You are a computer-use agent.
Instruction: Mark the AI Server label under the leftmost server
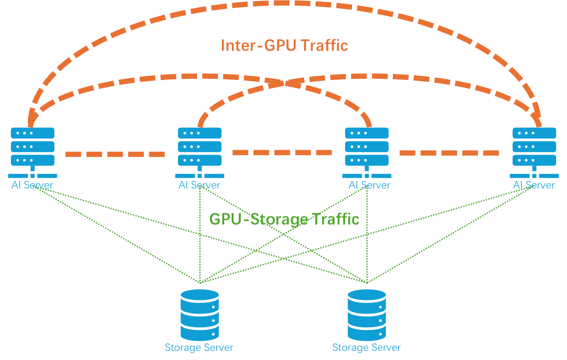tap(33, 185)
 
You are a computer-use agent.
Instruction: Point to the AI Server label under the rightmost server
tap(534, 185)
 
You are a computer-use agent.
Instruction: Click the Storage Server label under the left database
tap(199, 348)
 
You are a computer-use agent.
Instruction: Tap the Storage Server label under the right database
tap(366, 348)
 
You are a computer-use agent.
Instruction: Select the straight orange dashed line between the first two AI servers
tap(115, 154)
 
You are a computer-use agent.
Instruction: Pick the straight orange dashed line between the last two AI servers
tap(449, 153)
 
